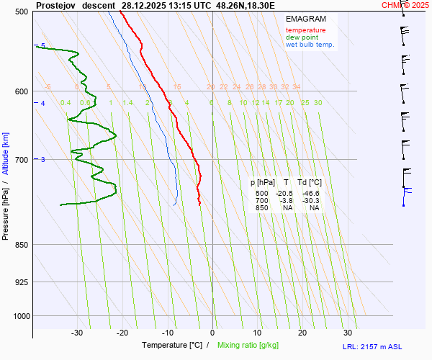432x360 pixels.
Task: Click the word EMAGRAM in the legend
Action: (305, 19)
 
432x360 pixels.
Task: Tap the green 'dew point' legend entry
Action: (302, 37)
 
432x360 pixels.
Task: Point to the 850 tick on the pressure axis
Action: (21, 245)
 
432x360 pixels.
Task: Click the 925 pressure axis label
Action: (21, 282)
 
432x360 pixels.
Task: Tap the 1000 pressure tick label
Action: (19, 315)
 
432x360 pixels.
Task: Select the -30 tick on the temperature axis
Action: (77, 333)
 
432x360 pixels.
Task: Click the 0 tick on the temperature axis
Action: (212, 333)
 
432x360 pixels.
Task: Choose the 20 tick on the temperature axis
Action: (302, 333)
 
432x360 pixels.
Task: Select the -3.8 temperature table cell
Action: (286, 201)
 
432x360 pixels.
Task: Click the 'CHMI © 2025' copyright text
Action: (405, 5)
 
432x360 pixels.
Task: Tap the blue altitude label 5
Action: (42, 46)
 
